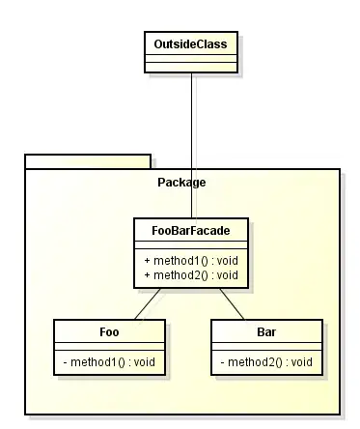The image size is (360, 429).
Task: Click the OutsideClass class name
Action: (x=190, y=43)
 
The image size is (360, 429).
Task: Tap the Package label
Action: (x=181, y=182)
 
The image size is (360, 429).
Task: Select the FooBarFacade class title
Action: (x=190, y=230)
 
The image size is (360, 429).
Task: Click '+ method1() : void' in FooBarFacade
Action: (x=190, y=261)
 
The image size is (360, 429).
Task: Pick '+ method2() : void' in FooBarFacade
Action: (x=190, y=275)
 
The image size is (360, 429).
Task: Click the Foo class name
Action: (x=108, y=331)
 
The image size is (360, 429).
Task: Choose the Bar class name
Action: (x=266, y=331)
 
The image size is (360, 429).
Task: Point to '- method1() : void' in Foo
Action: (x=108, y=362)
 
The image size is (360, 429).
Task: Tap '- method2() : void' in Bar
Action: (x=266, y=362)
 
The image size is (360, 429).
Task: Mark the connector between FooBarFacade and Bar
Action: (x=231, y=303)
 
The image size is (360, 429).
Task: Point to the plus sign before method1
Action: (x=147, y=261)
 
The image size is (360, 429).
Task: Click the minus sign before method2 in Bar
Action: (x=224, y=362)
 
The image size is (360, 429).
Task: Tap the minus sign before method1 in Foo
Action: (x=66, y=362)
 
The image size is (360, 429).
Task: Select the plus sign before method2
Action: (x=147, y=275)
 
